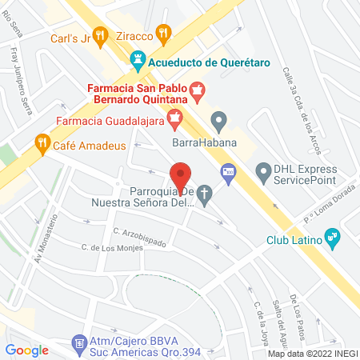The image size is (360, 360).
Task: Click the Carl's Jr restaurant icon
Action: coord(100,34)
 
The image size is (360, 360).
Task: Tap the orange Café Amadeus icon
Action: coord(41,145)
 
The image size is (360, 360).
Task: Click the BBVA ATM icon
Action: coord(79,342)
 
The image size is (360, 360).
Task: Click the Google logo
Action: coord(27,350)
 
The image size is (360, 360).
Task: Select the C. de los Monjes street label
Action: coord(112,248)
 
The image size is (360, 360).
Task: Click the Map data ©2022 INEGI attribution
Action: coord(313,354)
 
